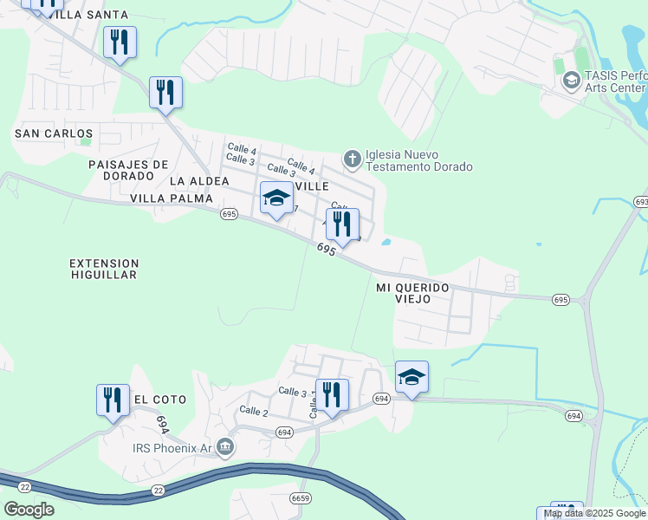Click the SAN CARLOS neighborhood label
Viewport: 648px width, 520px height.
(x=54, y=133)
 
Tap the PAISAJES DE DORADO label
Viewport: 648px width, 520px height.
(x=128, y=170)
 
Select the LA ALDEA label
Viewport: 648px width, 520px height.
(x=199, y=181)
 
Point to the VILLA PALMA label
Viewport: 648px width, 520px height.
(x=172, y=198)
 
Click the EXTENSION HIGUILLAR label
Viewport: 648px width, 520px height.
(x=104, y=269)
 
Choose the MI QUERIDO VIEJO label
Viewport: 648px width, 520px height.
(x=413, y=292)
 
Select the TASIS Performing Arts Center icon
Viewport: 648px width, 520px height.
(x=571, y=81)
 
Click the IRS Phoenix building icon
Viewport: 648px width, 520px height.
(x=225, y=447)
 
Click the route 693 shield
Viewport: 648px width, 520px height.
(x=641, y=201)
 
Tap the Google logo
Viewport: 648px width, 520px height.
(x=29, y=510)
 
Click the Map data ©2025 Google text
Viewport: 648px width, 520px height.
(x=595, y=513)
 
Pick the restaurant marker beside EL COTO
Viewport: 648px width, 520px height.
(x=113, y=400)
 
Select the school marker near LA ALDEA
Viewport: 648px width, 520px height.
(x=276, y=198)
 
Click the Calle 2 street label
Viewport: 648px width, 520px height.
(x=254, y=411)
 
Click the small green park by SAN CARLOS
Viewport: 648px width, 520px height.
(x=85, y=140)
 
